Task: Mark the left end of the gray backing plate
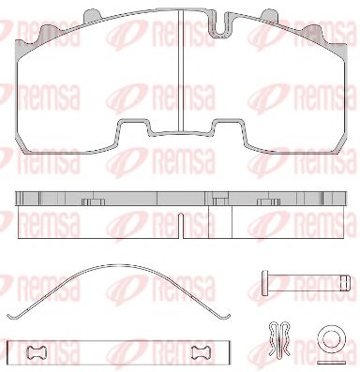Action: [x=19, y=201]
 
